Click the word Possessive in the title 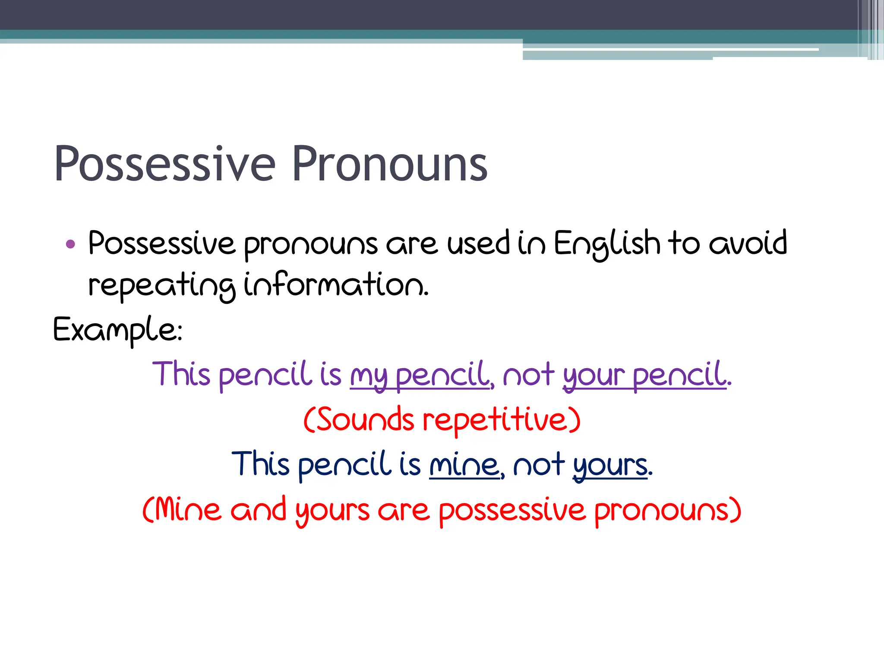(164, 164)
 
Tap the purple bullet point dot (70, 245)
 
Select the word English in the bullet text (606, 244)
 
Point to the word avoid (748, 243)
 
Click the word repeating (162, 286)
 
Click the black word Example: (117, 330)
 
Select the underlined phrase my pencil (421, 375)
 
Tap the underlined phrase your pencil (644, 375)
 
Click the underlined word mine (464, 465)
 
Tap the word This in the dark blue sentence (260, 464)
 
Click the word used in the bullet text (478, 243)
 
